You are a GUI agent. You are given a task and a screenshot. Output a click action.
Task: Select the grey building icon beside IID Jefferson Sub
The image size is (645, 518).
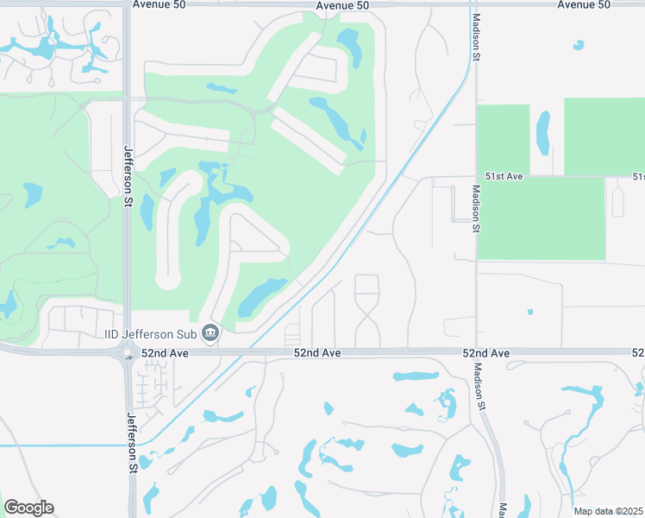(210, 333)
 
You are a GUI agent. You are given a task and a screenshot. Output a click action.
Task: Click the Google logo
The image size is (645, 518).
(28, 508)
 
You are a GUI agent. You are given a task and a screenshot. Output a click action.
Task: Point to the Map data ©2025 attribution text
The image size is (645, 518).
(607, 511)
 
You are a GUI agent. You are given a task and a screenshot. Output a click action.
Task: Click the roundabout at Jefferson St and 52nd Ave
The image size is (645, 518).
(128, 352)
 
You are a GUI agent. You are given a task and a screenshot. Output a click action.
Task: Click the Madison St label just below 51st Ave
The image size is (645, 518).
(474, 209)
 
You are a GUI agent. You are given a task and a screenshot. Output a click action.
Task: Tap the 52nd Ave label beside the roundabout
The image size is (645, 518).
(165, 353)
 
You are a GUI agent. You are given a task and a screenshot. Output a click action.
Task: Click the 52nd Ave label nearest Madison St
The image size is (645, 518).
(486, 353)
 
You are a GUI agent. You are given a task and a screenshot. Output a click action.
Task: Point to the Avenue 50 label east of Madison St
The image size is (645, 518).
(584, 4)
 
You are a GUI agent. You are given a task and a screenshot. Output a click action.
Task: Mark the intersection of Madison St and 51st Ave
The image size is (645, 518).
(475, 177)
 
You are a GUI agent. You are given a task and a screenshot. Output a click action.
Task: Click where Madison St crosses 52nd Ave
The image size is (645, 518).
(476, 351)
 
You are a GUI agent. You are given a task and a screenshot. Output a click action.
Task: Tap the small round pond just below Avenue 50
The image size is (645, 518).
(579, 45)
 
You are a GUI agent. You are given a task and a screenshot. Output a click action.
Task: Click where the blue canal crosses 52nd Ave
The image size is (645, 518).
(251, 351)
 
